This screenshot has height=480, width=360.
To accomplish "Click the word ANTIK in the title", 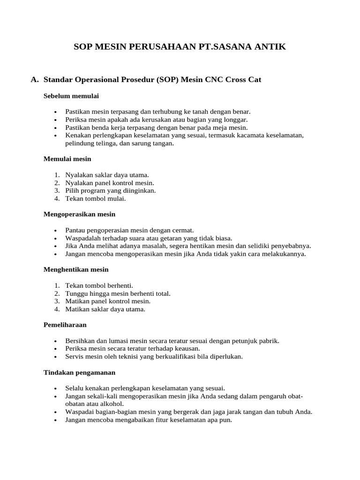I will click(x=267, y=47).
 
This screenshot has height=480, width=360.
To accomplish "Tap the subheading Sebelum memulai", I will click(x=71, y=96).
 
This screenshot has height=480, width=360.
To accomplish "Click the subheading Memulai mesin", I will click(x=67, y=158).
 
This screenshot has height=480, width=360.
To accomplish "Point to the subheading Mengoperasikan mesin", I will click(x=79, y=214).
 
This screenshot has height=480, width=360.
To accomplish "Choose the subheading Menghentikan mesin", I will click(x=76, y=270).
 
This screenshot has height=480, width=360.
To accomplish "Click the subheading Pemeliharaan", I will click(x=65, y=325).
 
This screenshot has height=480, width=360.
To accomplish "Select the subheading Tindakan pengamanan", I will click(x=79, y=372).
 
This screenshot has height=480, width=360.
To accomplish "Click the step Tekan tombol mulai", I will click(x=95, y=198).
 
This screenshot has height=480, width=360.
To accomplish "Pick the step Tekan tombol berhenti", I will click(x=99, y=285).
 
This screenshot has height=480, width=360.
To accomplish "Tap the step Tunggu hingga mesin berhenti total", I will click(x=118, y=293).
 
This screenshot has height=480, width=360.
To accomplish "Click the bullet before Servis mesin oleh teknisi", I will click(x=55, y=357).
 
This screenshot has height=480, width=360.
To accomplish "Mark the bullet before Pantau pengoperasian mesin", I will click(x=55, y=231).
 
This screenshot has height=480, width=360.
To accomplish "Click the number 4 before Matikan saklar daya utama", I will click(x=56, y=309).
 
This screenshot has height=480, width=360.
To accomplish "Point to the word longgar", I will click(x=236, y=120).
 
